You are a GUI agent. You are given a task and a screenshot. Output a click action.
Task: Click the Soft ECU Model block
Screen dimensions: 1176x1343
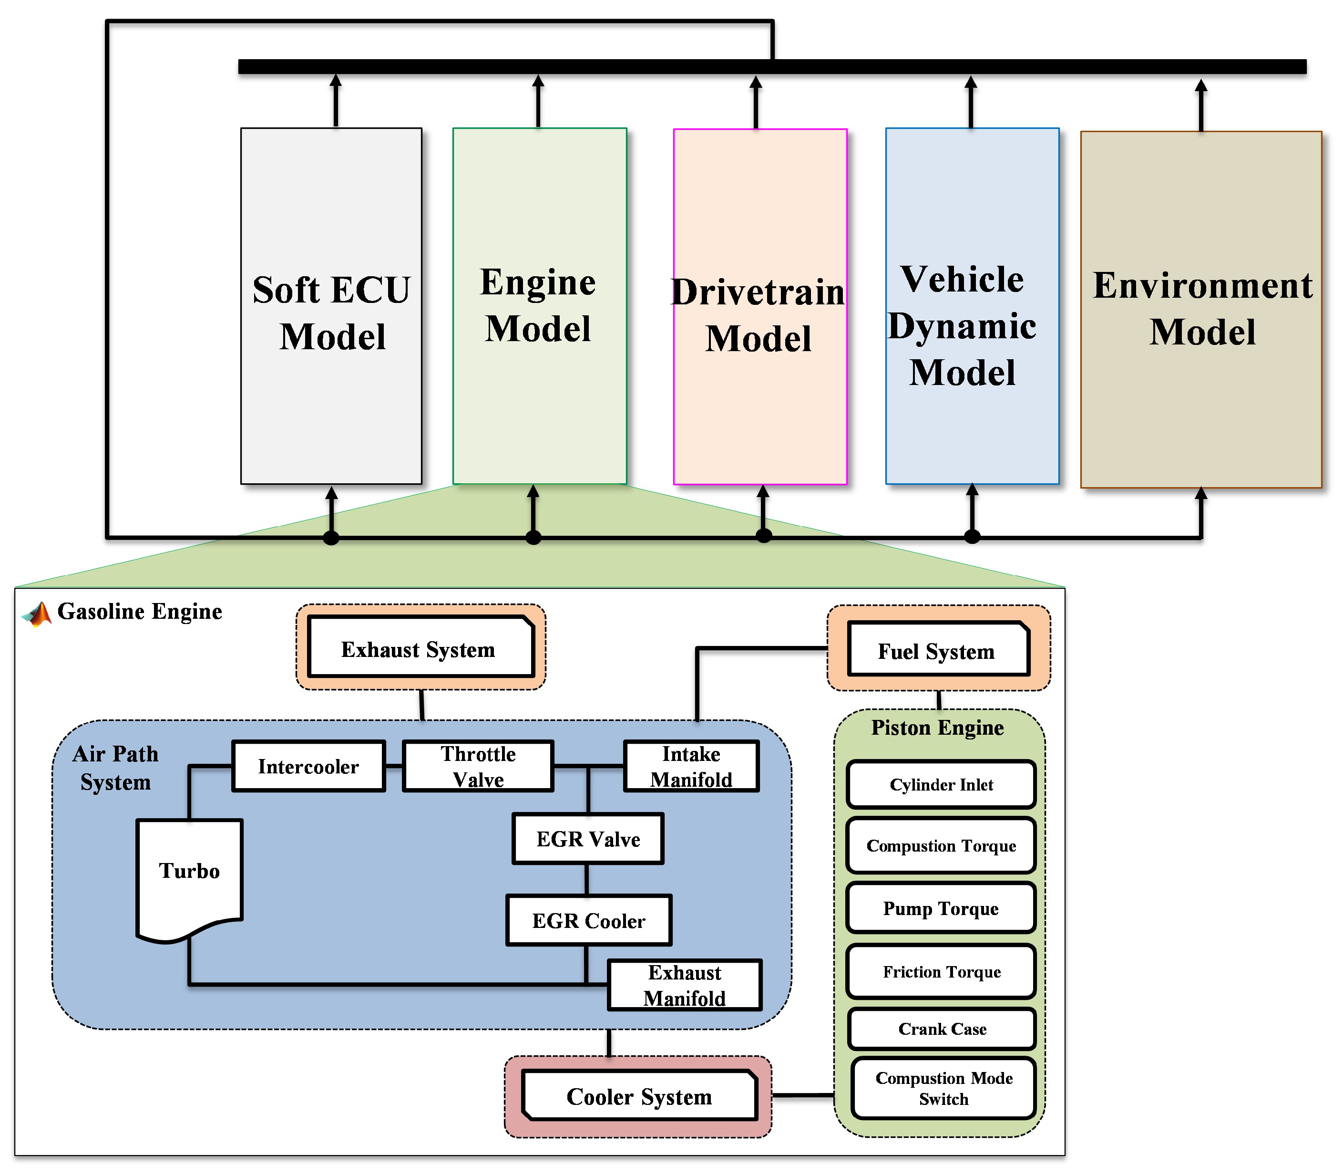point(331,306)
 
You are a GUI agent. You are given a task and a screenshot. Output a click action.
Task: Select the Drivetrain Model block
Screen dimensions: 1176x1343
point(760,306)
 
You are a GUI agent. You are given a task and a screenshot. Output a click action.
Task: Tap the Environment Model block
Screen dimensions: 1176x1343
point(1201,309)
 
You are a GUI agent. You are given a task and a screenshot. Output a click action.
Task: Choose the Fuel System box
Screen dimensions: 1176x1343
point(938,650)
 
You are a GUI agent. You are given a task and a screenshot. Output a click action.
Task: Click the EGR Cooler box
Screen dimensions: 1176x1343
point(589,921)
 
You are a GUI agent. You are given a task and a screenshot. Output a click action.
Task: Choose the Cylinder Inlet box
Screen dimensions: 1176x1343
point(941,785)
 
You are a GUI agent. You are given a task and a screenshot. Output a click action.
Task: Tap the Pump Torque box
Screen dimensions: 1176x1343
point(941,908)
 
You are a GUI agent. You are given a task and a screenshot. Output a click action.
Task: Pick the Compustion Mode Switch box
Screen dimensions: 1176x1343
point(943,1088)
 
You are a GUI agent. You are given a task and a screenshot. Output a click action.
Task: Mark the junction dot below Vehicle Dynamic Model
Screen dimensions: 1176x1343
point(972,537)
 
